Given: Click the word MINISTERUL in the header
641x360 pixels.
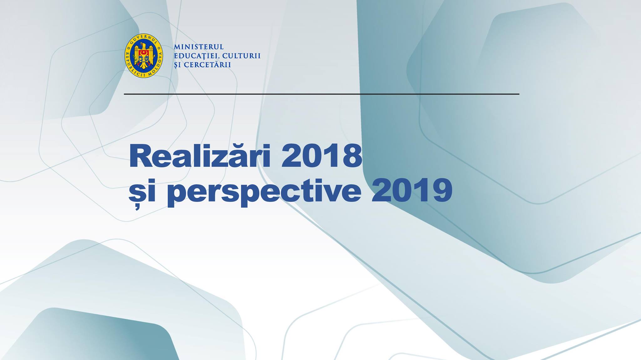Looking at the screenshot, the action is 199,47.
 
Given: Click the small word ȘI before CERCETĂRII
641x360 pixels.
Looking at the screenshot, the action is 177,65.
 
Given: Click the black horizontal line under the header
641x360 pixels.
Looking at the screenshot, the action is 321,94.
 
